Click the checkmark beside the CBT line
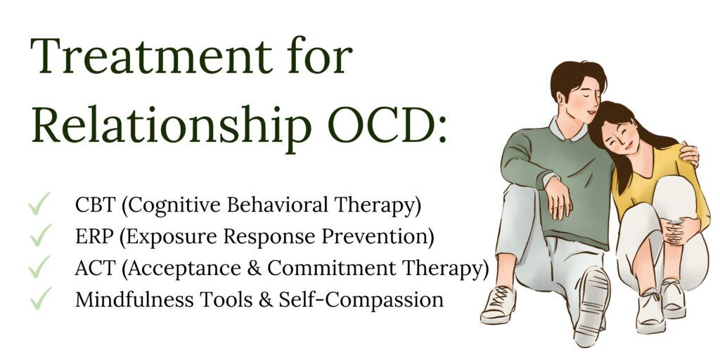click(x=39, y=203)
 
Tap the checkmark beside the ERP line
click(x=39, y=235)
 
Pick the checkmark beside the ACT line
click(x=39, y=266)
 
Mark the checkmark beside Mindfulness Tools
click(x=39, y=298)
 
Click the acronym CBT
click(x=95, y=205)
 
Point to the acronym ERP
click(x=95, y=237)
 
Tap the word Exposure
click(x=169, y=238)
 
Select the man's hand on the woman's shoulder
click(x=689, y=155)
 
